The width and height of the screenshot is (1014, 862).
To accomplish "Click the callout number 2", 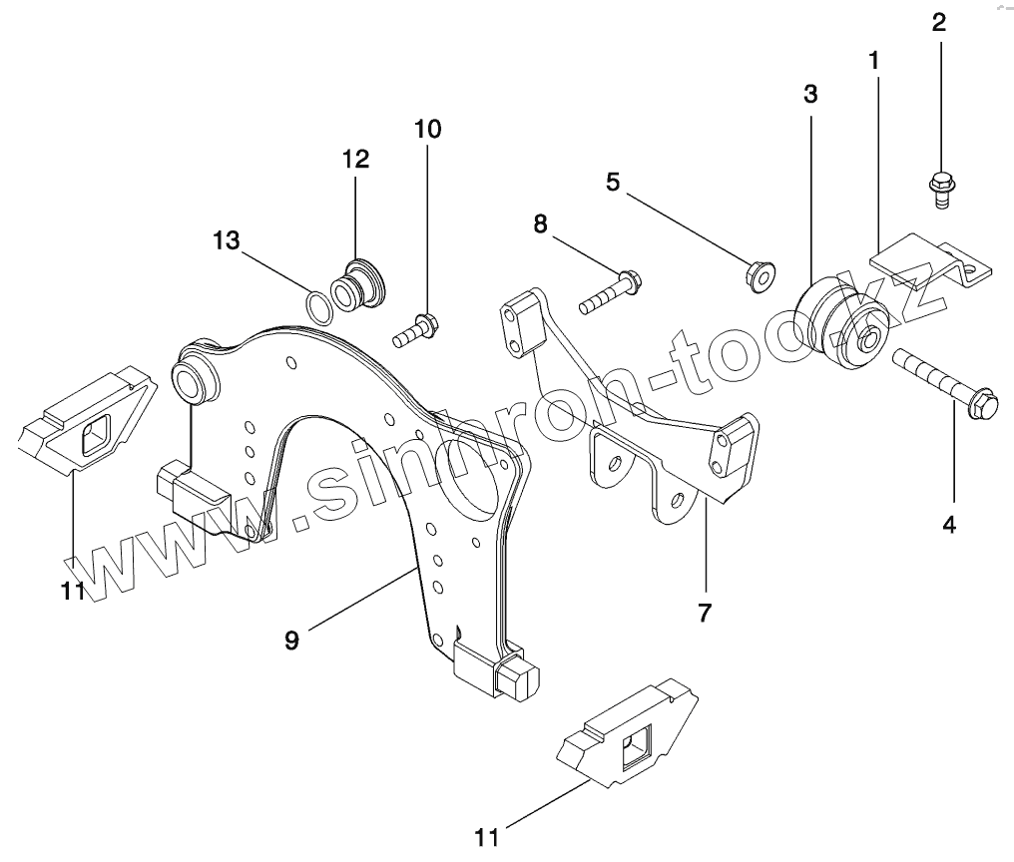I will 939,22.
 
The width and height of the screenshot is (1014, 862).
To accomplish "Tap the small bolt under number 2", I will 940,188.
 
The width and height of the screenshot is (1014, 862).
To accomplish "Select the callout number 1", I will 874,60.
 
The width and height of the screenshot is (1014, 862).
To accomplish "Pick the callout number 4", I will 949,523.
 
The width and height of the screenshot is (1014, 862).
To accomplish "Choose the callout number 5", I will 612,182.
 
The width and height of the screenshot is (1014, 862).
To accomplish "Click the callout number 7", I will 705,613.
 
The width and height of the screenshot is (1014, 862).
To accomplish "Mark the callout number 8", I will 540,223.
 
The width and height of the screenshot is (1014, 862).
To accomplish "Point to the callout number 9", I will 290,640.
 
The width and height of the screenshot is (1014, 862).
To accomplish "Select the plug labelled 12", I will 361,285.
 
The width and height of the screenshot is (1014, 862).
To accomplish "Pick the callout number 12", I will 355,159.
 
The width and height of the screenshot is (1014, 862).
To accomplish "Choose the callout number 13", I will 226,240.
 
